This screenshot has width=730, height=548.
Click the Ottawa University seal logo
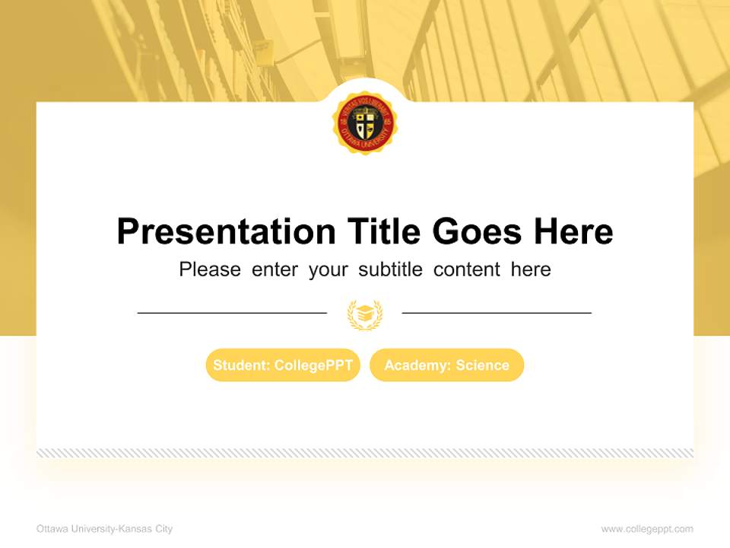pyautogui.click(x=365, y=123)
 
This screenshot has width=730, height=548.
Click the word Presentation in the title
pyautogui.click(x=226, y=231)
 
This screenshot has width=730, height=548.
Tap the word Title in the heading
pyautogui.click(x=384, y=231)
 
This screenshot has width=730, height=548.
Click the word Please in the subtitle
pyautogui.click(x=210, y=269)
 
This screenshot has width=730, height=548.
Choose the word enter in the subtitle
pyautogui.click(x=275, y=269)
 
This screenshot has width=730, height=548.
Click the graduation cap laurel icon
pyautogui.click(x=365, y=314)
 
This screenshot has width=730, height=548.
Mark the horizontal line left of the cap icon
pyautogui.click(x=232, y=313)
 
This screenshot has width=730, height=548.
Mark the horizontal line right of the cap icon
pyautogui.click(x=497, y=313)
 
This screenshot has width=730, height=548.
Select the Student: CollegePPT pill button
pyautogui.click(x=283, y=365)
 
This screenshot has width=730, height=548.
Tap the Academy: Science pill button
pyautogui.click(x=446, y=365)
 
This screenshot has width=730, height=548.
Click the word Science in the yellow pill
pyautogui.click(x=482, y=365)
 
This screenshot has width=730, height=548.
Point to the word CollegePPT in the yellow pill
pyautogui.click(x=313, y=365)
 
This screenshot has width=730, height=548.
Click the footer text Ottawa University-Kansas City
pyautogui.click(x=104, y=529)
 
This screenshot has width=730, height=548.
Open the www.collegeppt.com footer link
pyautogui.click(x=647, y=529)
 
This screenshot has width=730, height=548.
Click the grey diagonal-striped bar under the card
pyautogui.click(x=365, y=453)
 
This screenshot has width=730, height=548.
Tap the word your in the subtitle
pyautogui.click(x=328, y=269)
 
